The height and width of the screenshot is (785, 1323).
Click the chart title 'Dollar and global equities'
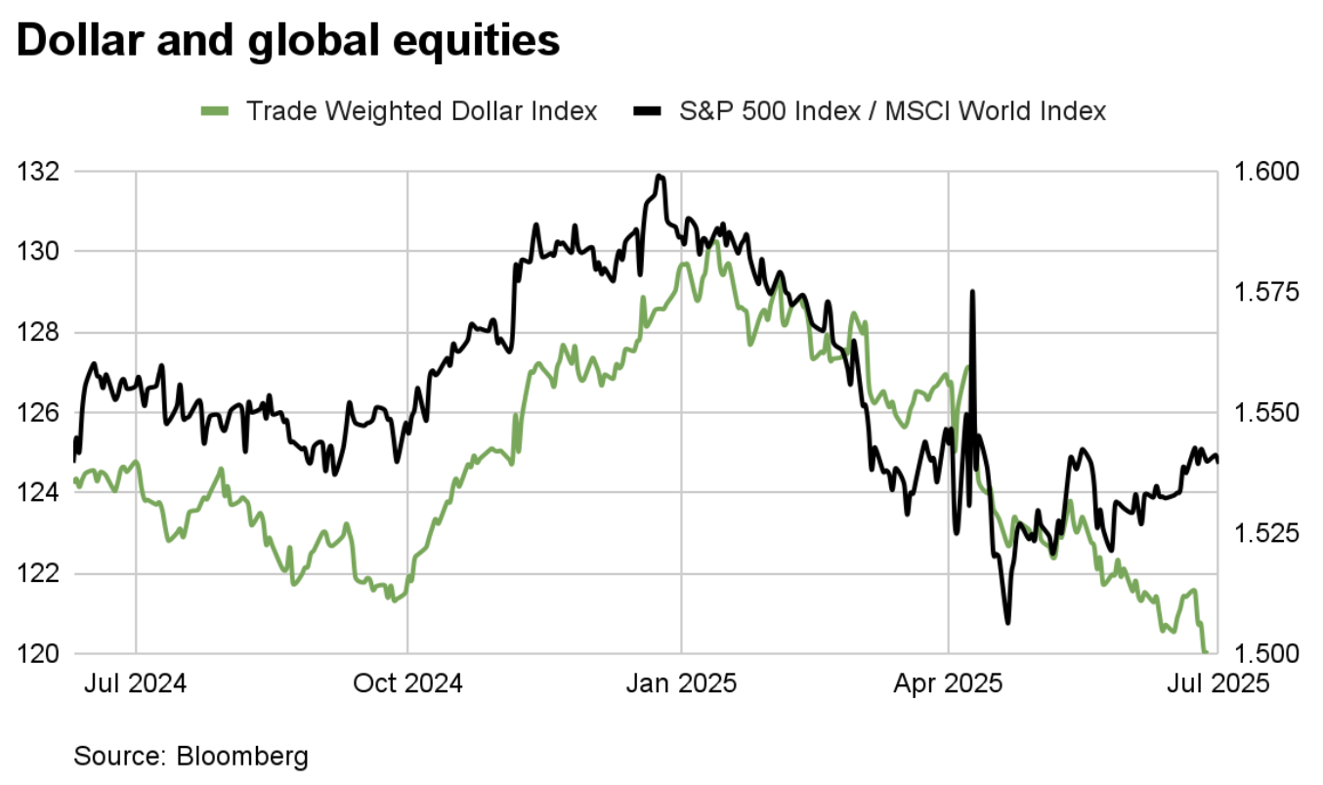click(x=288, y=42)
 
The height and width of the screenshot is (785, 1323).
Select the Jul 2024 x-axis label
click(x=136, y=682)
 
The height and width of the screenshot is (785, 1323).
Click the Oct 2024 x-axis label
click(x=407, y=682)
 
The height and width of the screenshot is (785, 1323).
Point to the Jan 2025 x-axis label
click(x=682, y=682)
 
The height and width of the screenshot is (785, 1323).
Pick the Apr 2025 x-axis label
click(x=949, y=682)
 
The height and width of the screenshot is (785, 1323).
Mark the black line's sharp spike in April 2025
click(x=972, y=291)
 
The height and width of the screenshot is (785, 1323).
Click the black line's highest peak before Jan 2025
click(x=661, y=176)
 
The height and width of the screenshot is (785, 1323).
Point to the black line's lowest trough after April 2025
click(x=1006, y=622)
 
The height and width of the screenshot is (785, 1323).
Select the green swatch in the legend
click(x=215, y=111)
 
